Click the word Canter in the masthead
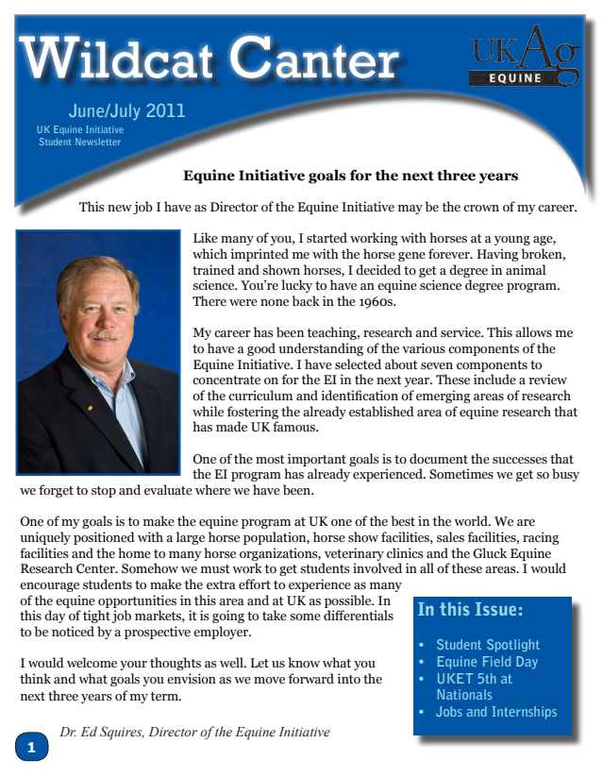point(316,59)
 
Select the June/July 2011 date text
point(126,110)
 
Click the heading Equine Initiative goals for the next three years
point(350,176)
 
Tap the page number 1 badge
point(31,747)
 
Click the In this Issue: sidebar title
point(470,610)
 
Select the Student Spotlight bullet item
point(487,645)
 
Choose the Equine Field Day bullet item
point(486,662)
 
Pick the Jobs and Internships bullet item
point(495,712)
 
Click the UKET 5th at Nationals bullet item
point(474,686)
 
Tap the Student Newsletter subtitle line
point(79,142)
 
